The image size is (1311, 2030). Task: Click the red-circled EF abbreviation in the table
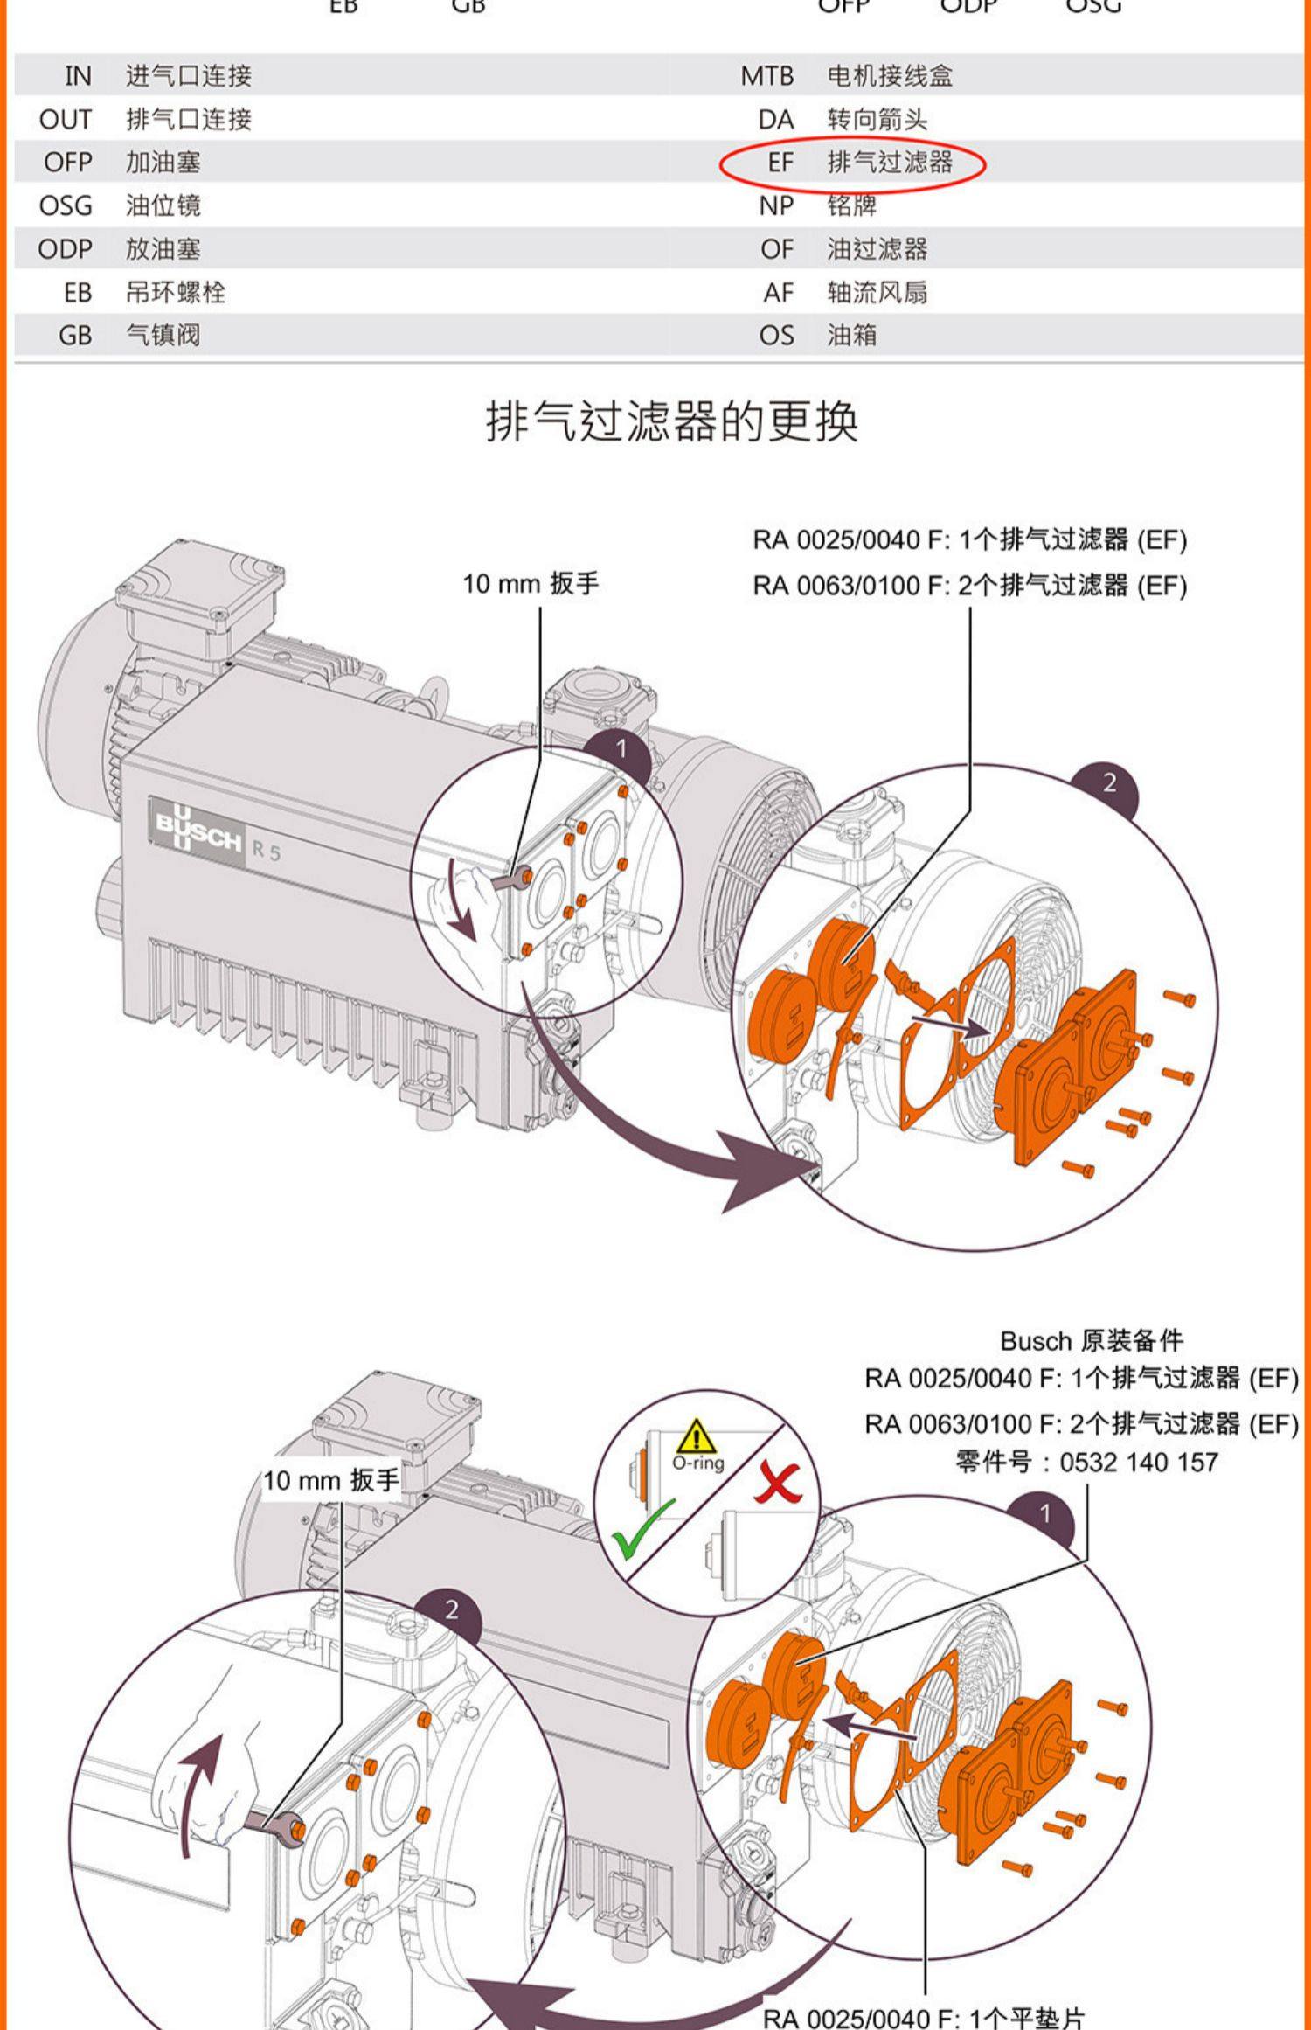(x=780, y=163)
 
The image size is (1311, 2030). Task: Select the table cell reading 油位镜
(x=163, y=205)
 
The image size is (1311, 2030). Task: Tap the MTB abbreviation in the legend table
(x=766, y=76)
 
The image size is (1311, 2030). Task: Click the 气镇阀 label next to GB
(x=163, y=335)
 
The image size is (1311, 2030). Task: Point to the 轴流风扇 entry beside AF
(x=877, y=292)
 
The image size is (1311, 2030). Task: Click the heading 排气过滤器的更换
(x=672, y=421)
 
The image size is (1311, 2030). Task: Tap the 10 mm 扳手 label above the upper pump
(x=531, y=583)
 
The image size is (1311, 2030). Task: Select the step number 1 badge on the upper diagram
(x=621, y=748)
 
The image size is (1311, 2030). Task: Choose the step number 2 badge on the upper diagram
(x=1109, y=782)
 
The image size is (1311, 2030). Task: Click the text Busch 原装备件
(x=1091, y=1340)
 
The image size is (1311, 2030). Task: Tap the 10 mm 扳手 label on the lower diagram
(x=330, y=1480)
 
